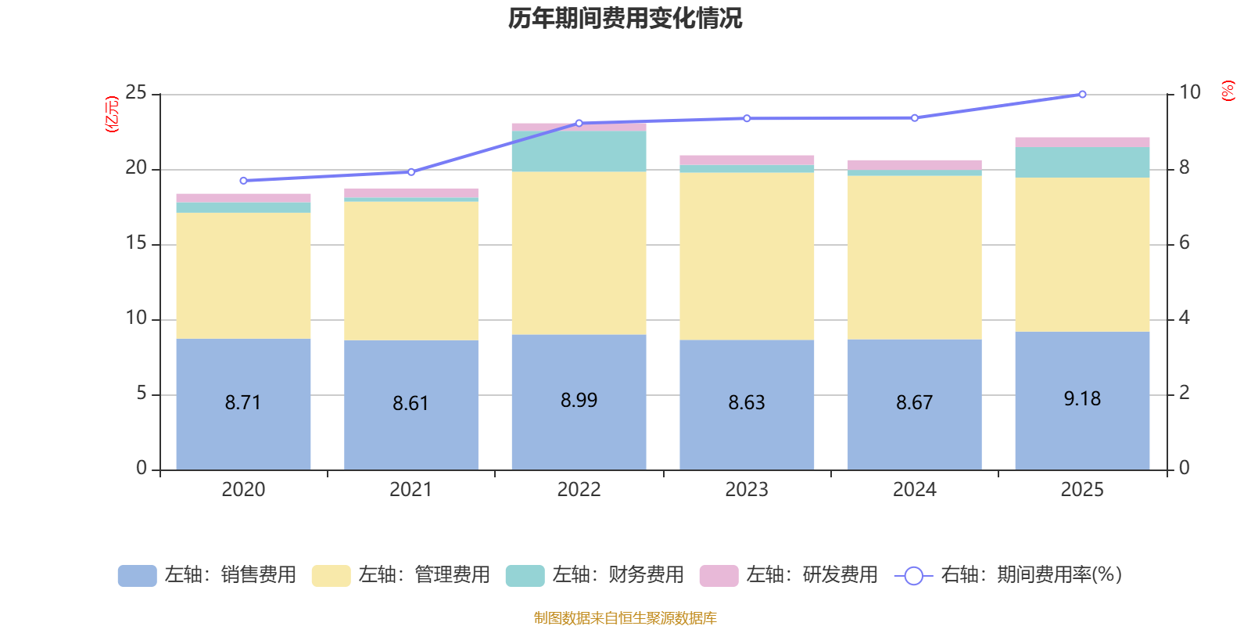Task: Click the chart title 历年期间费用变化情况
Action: (x=625, y=18)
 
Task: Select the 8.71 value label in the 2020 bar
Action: (x=242, y=402)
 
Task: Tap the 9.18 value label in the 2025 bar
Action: (x=1082, y=399)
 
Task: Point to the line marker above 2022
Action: (x=579, y=123)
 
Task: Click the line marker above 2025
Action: (x=1082, y=94)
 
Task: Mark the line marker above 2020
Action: (x=243, y=181)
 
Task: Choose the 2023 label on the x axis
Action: (x=747, y=490)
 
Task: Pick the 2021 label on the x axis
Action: (x=410, y=490)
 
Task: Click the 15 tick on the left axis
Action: (x=136, y=243)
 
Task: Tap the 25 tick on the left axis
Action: (x=136, y=93)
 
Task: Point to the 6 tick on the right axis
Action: (x=1185, y=243)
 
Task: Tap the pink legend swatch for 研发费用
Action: (x=719, y=576)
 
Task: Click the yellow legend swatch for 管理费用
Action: (x=331, y=576)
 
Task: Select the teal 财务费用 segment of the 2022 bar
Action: (x=579, y=151)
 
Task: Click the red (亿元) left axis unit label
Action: (x=112, y=114)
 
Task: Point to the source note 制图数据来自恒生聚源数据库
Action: (x=625, y=618)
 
